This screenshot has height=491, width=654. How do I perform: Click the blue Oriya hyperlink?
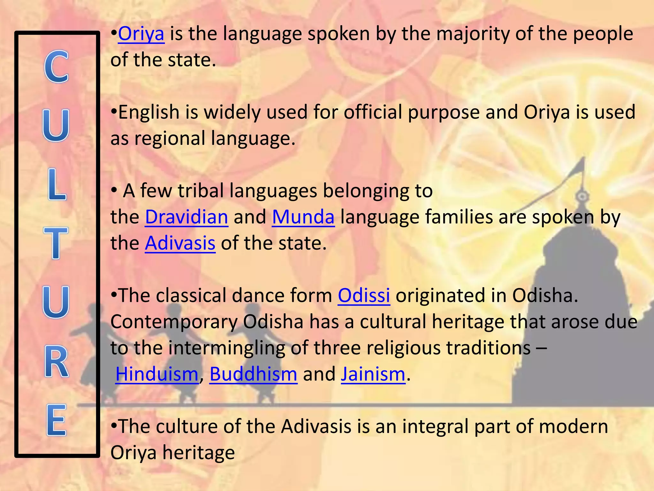tap(141, 34)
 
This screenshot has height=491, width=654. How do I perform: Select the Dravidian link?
tap(186, 217)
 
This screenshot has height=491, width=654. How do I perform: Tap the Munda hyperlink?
tap(303, 217)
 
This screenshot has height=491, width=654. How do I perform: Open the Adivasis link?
tap(180, 243)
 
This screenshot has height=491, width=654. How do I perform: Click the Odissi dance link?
tap(364, 295)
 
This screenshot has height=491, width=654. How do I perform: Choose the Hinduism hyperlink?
tap(157, 374)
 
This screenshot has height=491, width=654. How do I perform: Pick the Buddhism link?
tap(253, 374)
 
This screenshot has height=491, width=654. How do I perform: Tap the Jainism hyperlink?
tap(373, 374)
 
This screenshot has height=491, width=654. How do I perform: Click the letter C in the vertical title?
tap(56, 67)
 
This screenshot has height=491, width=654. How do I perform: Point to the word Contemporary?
tap(174, 322)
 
